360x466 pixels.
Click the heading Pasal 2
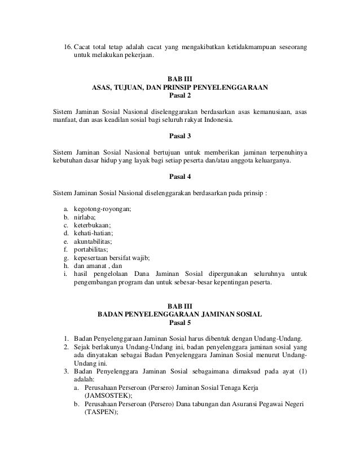click(x=180, y=95)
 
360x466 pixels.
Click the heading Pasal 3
click(x=180, y=136)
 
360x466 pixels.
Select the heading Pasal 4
click(x=180, y=176)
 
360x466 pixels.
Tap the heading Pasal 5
click(x=180, y=323)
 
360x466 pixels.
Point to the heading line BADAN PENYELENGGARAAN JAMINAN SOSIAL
click(x=180, y=315)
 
